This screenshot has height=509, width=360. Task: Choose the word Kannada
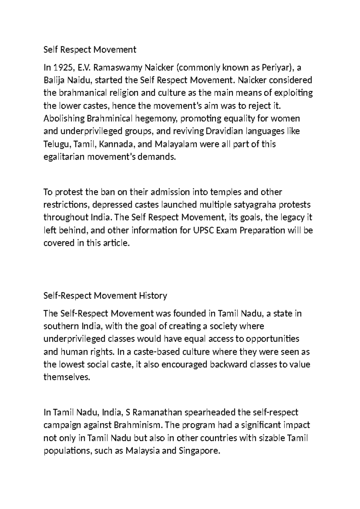[116, 144]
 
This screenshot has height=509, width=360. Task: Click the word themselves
[67, 377]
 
